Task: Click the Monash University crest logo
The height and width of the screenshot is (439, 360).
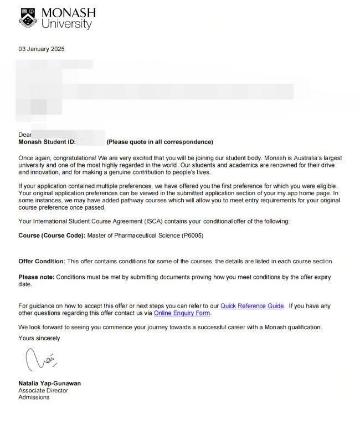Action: (x=28, y=18)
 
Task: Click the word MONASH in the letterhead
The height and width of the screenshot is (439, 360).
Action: (x=68, y=13)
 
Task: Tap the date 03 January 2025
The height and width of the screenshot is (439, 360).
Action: (x=42, y=49)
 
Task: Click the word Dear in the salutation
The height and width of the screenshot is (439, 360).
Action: (x=25, y=135)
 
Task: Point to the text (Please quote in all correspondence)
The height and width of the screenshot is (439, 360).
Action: (x=160, y=142)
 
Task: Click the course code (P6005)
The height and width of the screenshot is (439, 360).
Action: (x=192, y=236)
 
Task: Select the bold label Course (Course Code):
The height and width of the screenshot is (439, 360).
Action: (x=52, y=236)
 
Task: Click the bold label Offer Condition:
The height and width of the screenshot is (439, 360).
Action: (x=42, y=261)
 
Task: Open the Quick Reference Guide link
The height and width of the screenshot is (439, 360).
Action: (x=252, y=305)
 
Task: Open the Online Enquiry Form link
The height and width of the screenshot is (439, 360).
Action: (x=182, y=313)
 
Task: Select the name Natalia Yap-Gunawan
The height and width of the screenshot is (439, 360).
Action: (x=50, y=383)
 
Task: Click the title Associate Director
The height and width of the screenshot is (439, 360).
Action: (x=43, y=390)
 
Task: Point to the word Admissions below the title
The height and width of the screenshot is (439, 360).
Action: (x=34, y=397)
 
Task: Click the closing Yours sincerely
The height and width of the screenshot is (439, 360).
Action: (x=39, y=338)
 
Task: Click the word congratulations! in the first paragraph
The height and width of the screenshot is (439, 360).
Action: (x=73, y=157)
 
